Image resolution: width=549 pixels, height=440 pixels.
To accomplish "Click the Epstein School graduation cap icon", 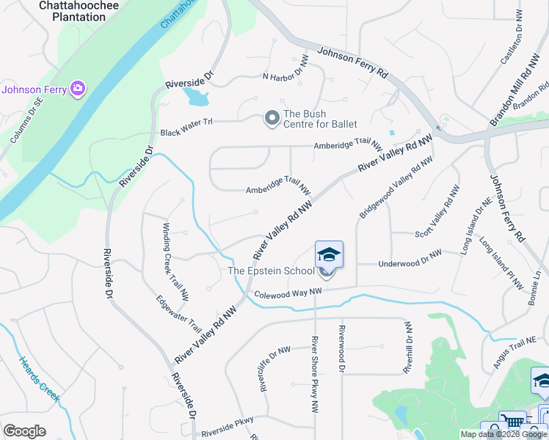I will tap(329, 255).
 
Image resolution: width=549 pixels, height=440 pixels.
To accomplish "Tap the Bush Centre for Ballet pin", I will tap(272, 117).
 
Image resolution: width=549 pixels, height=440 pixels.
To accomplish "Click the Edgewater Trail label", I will tap(178, 313).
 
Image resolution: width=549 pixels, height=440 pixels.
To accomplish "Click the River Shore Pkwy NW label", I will tap(315, 372).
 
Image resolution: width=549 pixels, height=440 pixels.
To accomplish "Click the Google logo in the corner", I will tap(25, 431).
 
